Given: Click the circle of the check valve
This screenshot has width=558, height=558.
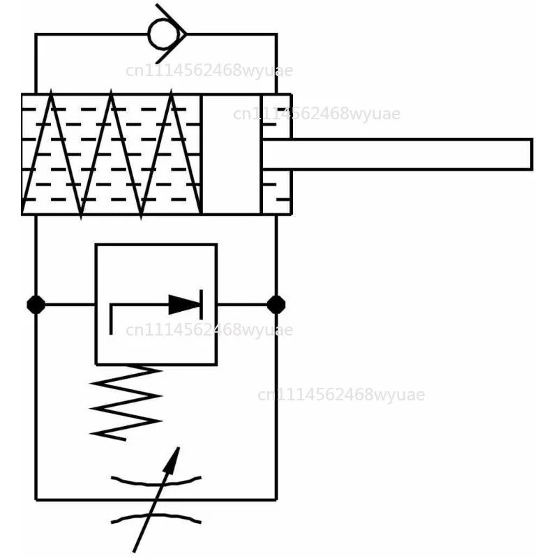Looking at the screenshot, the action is pyautogui.click(x=149, y=34).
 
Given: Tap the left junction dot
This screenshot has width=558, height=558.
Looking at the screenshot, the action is pyautogui.click(x=36, y=305).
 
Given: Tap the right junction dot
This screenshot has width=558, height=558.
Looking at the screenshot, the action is pyautogui.click(x=276, y=305).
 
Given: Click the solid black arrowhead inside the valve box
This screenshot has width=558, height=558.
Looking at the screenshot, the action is pyautogui.click(x=184, y=305).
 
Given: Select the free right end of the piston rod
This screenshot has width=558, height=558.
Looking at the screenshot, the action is pyautogui.click(x=531, y=154).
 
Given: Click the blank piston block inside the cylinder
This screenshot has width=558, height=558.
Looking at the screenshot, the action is pyautogui.click(x=232, y=154).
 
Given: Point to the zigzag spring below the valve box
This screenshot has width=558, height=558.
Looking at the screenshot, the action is pyautogui.click(x=126, y=402).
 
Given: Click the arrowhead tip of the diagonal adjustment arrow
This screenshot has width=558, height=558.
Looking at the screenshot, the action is pyautogui.click(x=179, y=448).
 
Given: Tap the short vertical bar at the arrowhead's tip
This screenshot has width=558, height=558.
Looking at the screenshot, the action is pyautogui.click(x=202, y=305).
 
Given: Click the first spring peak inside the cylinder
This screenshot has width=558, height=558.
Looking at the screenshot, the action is pyautogui.click(x=51, y=91).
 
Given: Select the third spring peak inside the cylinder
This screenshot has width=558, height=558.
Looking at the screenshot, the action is pyautogui.click(x=172, y=91).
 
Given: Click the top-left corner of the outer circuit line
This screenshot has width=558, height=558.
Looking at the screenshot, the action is pyautogui.click(x=36, y=34).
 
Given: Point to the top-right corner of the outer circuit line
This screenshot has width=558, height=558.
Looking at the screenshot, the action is pyautogui.click(x=276, y=34).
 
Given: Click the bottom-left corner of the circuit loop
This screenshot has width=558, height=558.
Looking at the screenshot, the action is pyautogui.click(x=36, y=499).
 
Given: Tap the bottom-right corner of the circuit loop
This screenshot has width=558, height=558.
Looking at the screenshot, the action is pyautogui.click(x=276, y=499).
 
